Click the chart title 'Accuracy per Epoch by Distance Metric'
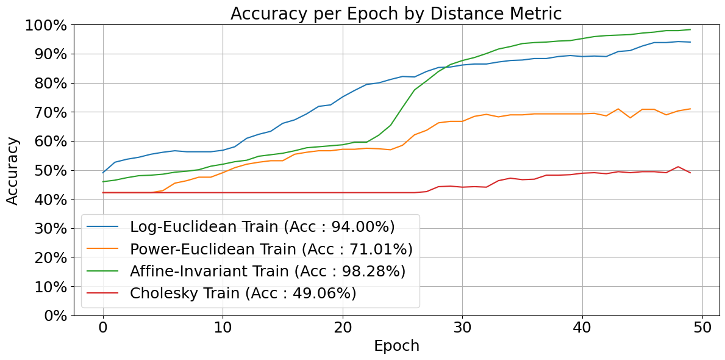tap(396, 13)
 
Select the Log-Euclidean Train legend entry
tap(262, 227)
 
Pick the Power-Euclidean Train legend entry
tap(271, 249)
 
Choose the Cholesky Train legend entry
tap(243, 293)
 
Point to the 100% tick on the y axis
tap(46, 25)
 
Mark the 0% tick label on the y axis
tap(55, 315)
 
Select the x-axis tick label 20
tap(343, 328)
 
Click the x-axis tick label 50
tap(702, 328)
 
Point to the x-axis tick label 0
tap(103, 328)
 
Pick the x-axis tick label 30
tap(462, 328)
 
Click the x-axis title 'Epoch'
tap(396, 346)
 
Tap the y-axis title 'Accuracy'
tap(13, 170)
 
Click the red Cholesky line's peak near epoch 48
tap(678, 167)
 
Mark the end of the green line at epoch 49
tap(690, 30)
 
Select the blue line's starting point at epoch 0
tap(103, 173)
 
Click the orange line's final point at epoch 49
tap(690, 109)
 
